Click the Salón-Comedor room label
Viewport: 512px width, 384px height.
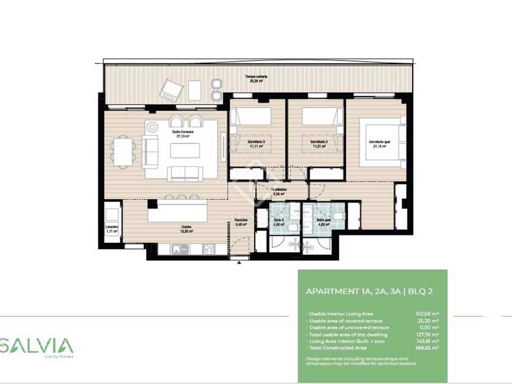[185, 134]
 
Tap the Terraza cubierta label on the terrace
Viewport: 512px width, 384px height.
[256, 79]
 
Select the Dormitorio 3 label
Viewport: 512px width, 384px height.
[256, 144]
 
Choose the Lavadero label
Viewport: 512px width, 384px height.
[112, 228]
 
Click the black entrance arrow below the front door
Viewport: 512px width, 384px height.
[239, 262]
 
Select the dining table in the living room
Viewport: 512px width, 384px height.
[123, 152]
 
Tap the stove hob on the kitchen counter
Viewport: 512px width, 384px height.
[208, 249]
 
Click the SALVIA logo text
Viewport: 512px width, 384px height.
[37, 346]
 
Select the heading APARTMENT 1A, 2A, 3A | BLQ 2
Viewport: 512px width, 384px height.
[369, 291]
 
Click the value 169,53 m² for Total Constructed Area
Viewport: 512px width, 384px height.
[427, 348]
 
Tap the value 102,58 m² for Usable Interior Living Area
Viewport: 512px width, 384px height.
[427, 314]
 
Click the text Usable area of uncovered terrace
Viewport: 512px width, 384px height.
[349, 327]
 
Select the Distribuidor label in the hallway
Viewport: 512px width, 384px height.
[279, 191]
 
